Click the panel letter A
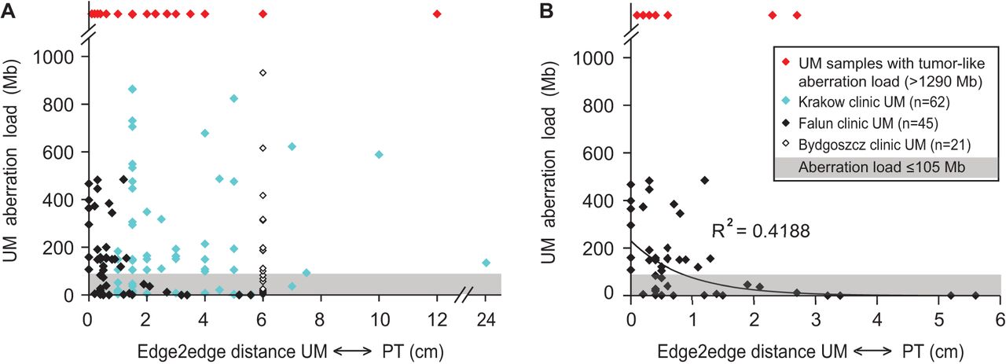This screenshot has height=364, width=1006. point(7,12)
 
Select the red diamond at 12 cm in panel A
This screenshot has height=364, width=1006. point(438,14)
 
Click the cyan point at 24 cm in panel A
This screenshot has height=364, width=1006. point(486,263)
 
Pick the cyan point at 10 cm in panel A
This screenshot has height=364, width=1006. point(379,155)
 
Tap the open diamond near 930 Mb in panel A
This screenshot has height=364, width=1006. point(263,73)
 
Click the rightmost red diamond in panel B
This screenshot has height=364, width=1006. point(797,15)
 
